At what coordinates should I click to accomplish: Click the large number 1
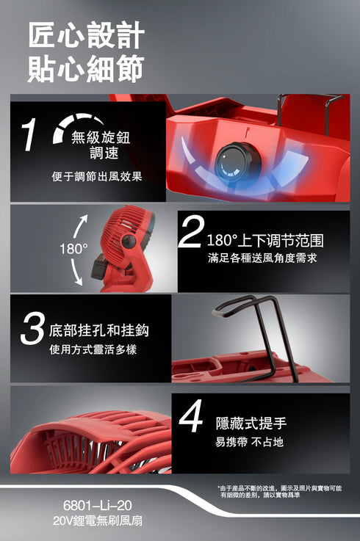(x=29, y=135)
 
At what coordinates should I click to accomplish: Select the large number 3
(x=32, y=328)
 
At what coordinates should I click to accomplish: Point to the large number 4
(x=191, y=415)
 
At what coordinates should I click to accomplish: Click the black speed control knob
(x=234, y=163)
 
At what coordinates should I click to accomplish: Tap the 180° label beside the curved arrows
(x=73, y=248)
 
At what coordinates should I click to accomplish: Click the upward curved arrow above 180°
(x=80, y=227)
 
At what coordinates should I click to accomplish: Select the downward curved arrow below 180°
(x=76, y=272)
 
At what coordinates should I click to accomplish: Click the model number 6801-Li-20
(x=97, y=506)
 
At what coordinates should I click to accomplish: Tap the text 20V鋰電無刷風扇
(x=98, y=520)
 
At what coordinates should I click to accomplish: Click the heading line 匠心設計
(x=87, y=35)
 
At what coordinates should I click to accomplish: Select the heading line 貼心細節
(x=86, y=68)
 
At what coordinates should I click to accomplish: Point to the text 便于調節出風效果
(x=97, y=177)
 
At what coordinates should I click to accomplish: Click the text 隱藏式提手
(x=251, y=423)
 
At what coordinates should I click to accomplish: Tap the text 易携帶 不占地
(x=250, y=442)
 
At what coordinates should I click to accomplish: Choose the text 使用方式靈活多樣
(x=93, y=349)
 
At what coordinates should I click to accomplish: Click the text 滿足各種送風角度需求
(x=262, y=258)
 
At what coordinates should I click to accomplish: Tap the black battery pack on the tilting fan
(x=100, y=266)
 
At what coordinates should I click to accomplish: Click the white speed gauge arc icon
(x=77, y=124)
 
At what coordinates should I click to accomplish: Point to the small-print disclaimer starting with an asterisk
(x=279, y=492)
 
